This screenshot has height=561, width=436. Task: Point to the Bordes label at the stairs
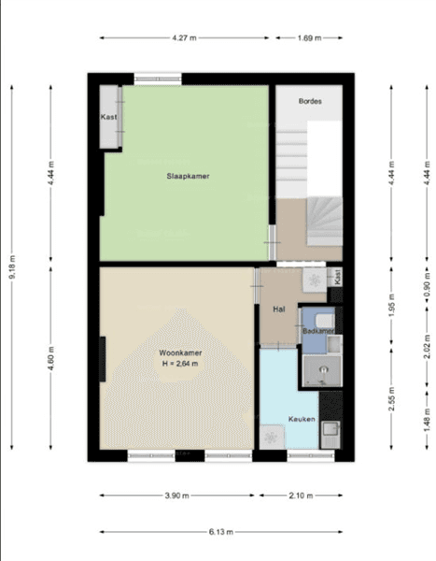(310, 101)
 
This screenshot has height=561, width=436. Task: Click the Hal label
(278, 308)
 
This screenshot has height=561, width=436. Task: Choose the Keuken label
(301, 418)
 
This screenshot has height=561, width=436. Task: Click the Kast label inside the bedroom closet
(108, 117)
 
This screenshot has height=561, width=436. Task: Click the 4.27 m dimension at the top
(183, 38)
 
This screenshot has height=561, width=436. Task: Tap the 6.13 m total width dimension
(220, 532)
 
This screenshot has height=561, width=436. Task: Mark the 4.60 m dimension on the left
(51, 361)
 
